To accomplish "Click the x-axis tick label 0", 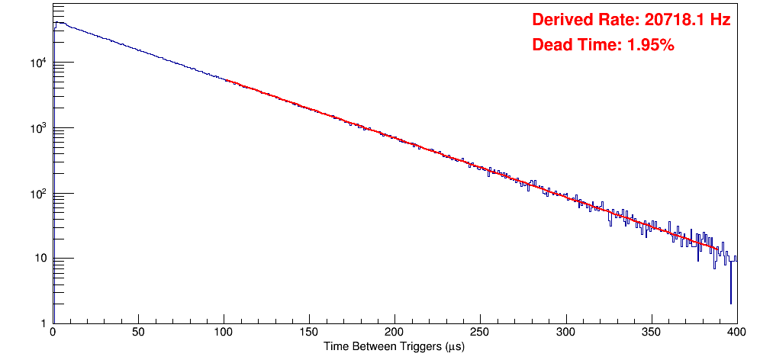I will [53, 333].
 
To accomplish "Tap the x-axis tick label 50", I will [138, 333].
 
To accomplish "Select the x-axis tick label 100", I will [224, 333].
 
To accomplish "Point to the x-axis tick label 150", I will [309, 333].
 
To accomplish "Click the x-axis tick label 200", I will [394, 333].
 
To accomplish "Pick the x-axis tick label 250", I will [480, 333].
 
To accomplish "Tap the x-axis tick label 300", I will [565, 333].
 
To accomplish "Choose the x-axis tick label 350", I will [651, 333].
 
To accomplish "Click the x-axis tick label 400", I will [736, 333].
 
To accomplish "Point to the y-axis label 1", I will [43, 323].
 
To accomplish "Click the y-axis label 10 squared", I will [38, 193].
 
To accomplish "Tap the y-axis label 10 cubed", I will [38, 128].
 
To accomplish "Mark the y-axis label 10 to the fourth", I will [38, 63].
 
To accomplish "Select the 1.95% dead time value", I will [650, 46].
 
